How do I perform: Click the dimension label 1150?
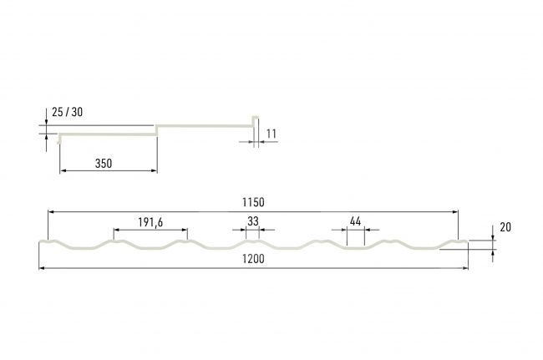coord(253,202)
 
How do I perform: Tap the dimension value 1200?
coord(253,259)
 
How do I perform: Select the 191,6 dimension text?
coord(150,222)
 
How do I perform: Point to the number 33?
coord(253,221)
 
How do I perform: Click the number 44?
coord(355,221)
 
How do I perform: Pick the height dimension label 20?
coord(505,227)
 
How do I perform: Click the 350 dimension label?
coord(104,164)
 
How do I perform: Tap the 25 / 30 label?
coord(68,112)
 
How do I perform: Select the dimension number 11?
coord(271,134)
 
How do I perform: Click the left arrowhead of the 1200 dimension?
coord(42,268)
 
